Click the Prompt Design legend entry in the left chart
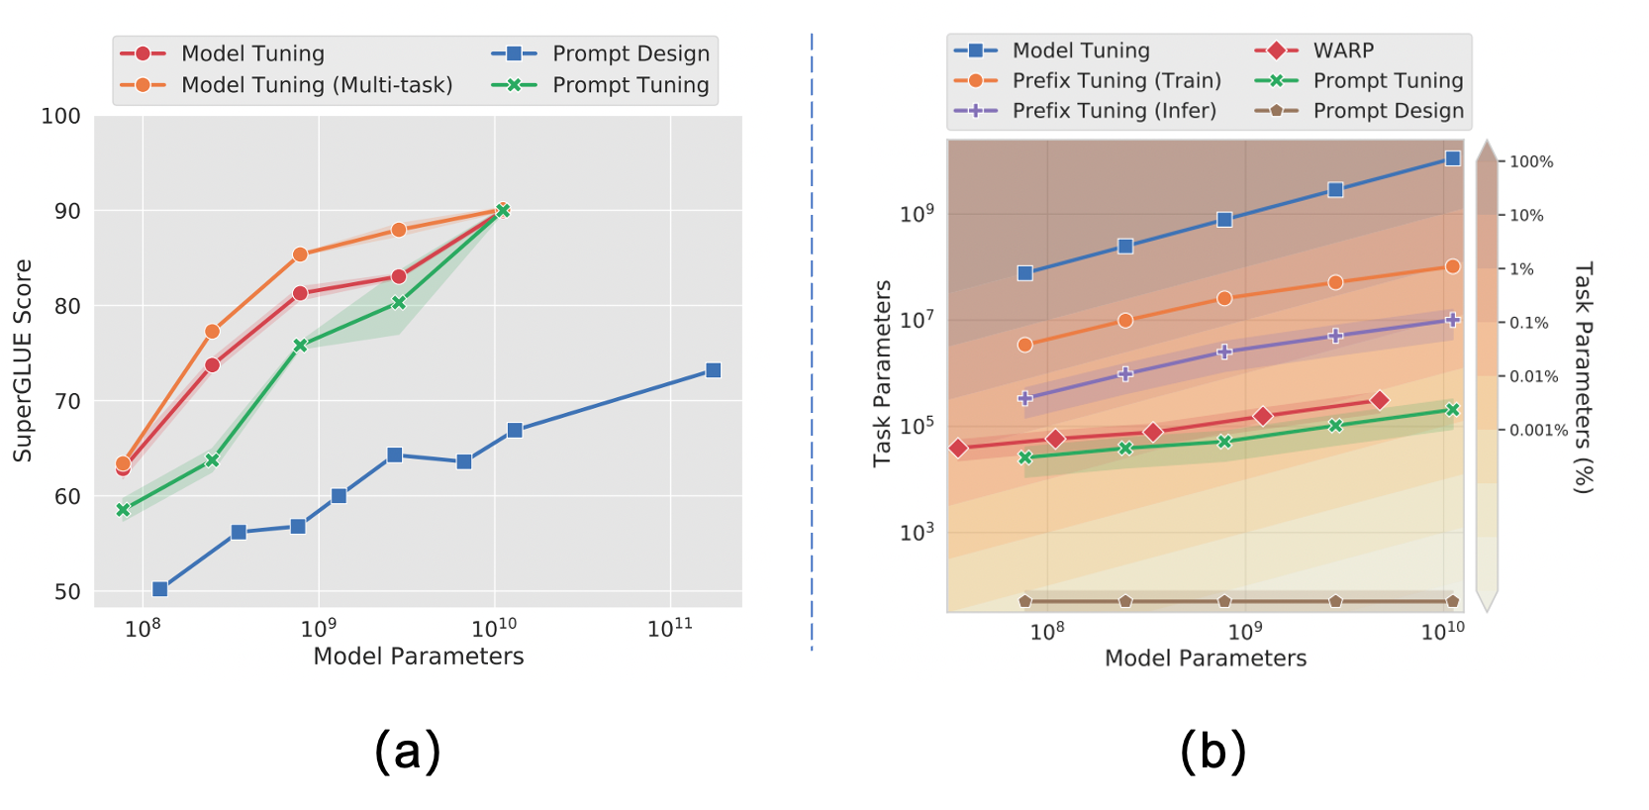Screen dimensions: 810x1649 [630, 53]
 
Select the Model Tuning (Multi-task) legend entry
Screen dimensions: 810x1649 [317, 85]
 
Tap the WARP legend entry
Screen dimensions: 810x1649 [1343, 51]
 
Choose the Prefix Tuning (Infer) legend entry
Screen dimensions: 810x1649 [1114, 111]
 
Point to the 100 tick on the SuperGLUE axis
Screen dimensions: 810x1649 [60, 116]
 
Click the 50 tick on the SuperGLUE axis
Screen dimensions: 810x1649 [67, 591]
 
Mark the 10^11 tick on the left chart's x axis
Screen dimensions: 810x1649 [670, 629]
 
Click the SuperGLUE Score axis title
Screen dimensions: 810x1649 [23, 360]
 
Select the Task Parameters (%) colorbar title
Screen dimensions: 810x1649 [1583, 376]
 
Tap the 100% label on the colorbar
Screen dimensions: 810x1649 [1531, 161]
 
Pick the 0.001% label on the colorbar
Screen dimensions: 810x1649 [1538, 430]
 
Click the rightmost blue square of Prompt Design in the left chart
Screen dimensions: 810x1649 [713, 370]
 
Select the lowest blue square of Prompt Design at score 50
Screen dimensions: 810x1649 [160, 589]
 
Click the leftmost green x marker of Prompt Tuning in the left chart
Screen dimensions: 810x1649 [124, 510]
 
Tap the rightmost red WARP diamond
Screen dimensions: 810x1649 [1380, 400]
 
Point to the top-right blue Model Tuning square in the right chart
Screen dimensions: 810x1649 [1452, 158]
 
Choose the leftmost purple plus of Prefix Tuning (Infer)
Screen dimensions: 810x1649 [1025, 398]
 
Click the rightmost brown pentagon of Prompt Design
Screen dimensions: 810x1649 [1452, 601]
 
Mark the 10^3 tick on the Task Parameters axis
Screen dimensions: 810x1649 [917, 533]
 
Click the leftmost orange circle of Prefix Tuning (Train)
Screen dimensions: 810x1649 [1025, 345]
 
